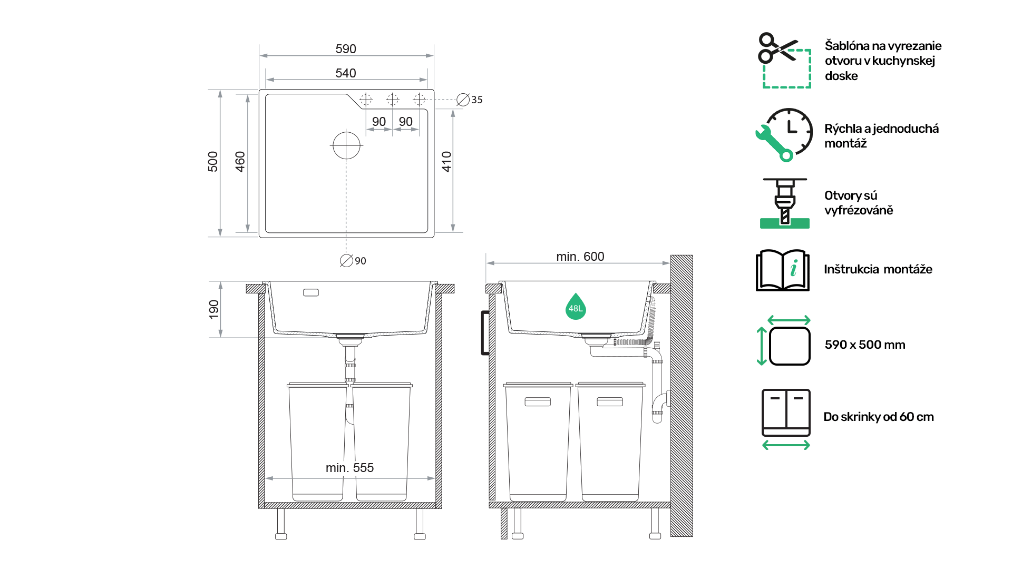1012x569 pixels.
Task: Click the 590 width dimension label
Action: coord(346,49)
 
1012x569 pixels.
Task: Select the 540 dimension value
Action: coord(346,73)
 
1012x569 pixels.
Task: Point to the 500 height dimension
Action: coord(213,162)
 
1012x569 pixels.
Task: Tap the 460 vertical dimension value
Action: coord(240,162)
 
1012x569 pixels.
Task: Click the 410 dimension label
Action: coord(447,162)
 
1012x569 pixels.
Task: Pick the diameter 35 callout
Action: coord(470,100)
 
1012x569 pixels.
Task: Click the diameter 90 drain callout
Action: coord(353,261)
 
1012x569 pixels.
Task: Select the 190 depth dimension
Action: coord(214,309)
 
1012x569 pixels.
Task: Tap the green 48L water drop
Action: coord(576,307)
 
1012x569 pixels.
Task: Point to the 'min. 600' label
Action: coord(580,257)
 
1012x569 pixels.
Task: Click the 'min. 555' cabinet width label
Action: coord(349,468)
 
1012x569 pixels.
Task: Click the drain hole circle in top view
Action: coord(346,145)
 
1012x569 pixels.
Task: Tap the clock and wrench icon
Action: coord(784,135)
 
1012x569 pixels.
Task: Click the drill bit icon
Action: coord(785,203)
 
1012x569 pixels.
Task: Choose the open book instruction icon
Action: coord(783,270)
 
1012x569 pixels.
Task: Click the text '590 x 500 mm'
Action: coord(865,345)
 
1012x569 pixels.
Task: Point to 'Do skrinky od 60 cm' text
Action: coord(879,417)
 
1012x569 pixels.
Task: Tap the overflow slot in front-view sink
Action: coord(311,292)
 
